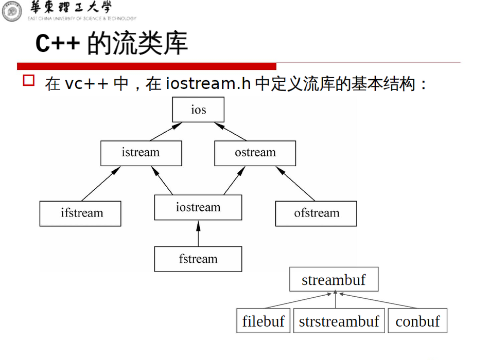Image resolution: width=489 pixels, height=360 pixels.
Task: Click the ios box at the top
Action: tap(198, 110)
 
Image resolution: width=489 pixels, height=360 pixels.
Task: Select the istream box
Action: tap(141, 153)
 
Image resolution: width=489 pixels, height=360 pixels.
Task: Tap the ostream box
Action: tap(255, 153)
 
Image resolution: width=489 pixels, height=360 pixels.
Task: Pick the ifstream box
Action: tap(80, 213)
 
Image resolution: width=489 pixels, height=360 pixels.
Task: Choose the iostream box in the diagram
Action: tap(198, 208)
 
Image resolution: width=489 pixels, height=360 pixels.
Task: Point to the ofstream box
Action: tap(316, 213)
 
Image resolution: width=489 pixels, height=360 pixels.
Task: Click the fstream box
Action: tap(198, 259)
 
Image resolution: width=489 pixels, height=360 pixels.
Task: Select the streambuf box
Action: tap(334, 280)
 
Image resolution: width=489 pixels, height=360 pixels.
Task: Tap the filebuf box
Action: tap(263, 321)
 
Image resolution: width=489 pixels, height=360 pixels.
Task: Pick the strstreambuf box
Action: tap(339, 321)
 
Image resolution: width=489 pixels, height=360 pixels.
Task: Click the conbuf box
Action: tap(417, 321)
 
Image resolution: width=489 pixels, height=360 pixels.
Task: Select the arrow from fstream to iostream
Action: tap(198, 233)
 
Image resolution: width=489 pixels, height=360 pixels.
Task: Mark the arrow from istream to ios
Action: tap(166, 132)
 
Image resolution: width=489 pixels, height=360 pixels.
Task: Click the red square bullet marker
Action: tap(29, 80)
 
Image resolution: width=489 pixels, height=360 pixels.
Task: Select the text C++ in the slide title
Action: tap(57, 44)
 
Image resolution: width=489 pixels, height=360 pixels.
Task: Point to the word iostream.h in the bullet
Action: tap(208, 83)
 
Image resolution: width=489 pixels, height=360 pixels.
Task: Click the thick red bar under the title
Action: tap(147, 66)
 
